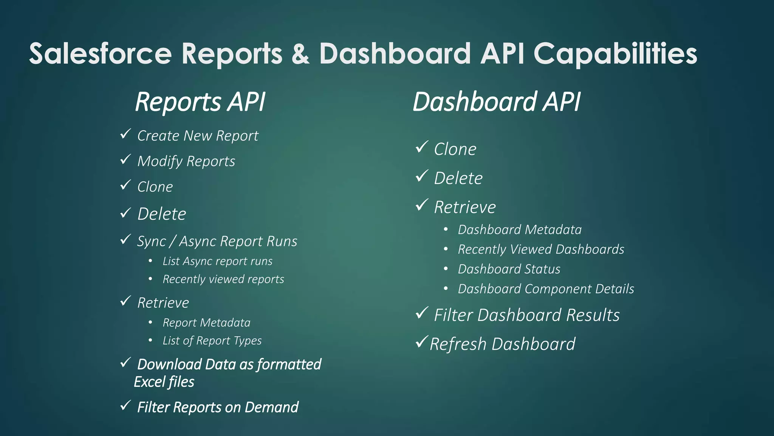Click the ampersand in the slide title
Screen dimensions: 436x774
300,53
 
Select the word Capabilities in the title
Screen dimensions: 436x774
615,54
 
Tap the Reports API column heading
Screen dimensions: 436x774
200,102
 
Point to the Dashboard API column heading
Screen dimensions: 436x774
496,102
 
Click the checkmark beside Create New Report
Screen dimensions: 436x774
125,134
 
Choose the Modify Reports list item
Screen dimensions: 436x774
186,161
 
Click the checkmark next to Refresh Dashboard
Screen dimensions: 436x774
421,342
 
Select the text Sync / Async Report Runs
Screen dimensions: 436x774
217,241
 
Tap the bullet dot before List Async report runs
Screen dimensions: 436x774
150,261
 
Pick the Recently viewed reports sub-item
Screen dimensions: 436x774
223,279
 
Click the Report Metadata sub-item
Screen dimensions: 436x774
206,322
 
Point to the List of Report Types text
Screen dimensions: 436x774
212,341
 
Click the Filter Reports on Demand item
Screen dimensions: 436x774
218,407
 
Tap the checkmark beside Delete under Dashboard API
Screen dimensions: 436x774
421,176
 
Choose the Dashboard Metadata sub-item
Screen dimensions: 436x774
520,229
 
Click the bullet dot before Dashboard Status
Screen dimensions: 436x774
446,269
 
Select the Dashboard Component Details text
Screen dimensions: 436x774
546,289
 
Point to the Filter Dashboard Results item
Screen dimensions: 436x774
526,315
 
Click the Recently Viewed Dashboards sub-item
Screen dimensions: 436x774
541,249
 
